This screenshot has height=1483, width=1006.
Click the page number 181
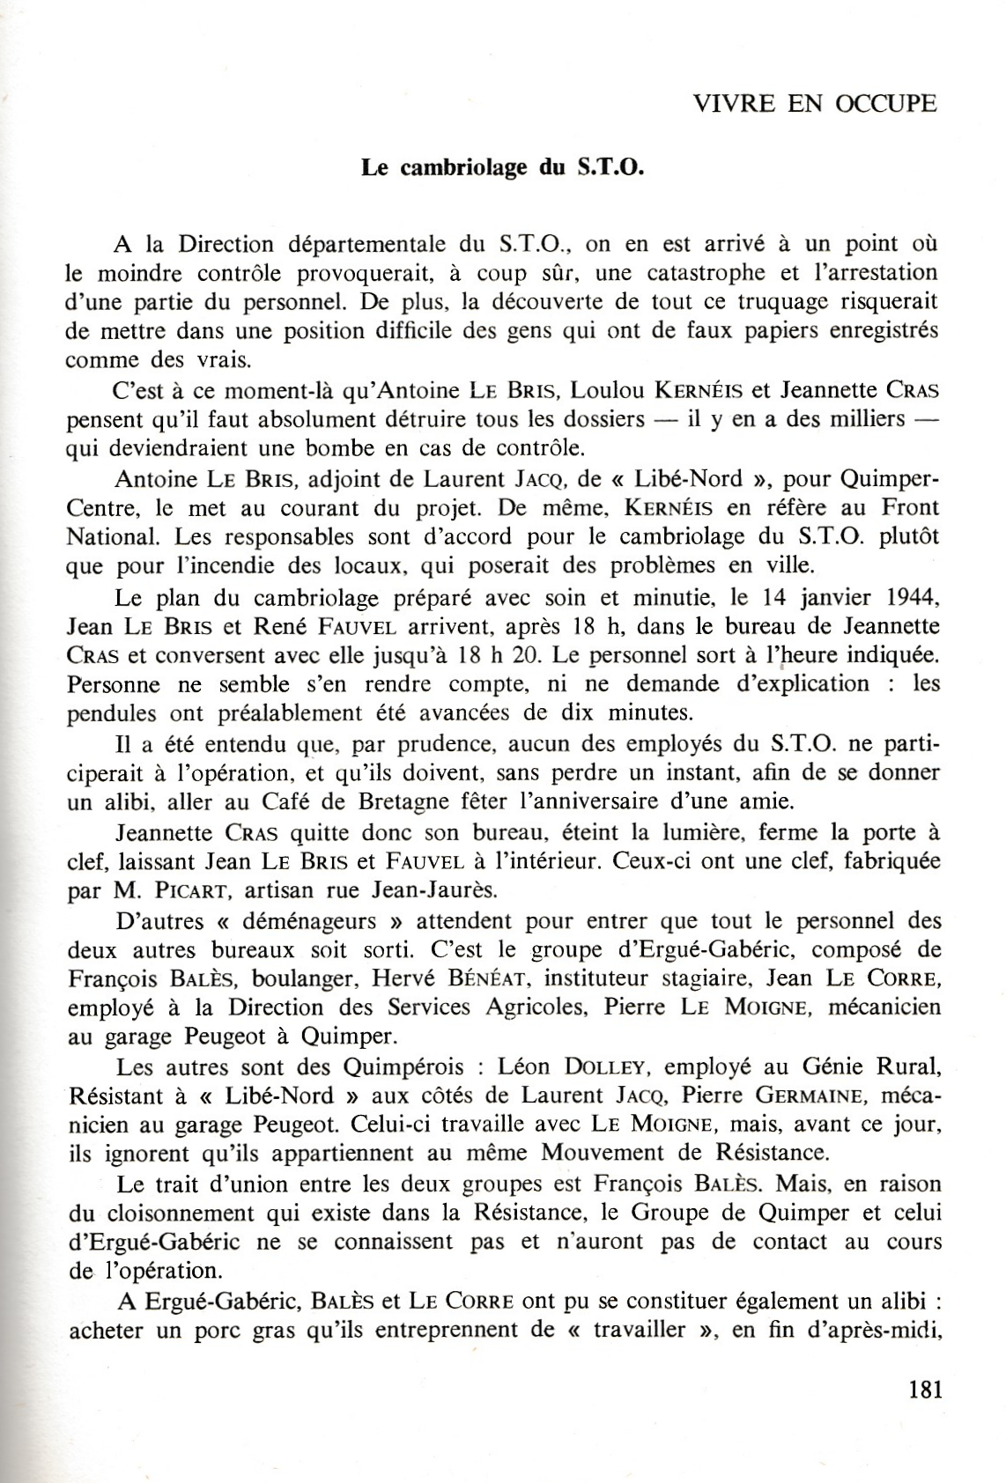click(x=924, y=1390)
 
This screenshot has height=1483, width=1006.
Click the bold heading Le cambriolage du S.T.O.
click(x=503, y=167)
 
